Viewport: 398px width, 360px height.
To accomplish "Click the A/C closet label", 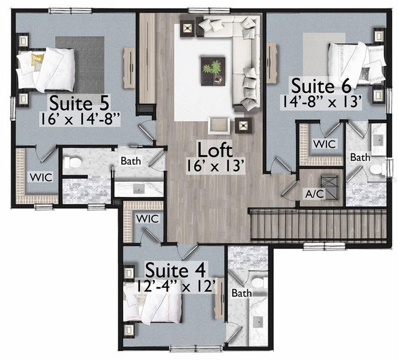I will (x=315, y=194).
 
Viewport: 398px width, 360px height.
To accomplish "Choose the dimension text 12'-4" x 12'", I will (x=172, y=286).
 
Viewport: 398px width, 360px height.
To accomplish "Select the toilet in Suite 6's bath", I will (x=376, y=170).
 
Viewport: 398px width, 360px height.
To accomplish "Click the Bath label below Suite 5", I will (x=131, y=161).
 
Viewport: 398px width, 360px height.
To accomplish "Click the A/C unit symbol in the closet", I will (x=329, y=181).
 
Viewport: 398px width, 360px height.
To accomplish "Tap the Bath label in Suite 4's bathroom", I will (x=241, y=294).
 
